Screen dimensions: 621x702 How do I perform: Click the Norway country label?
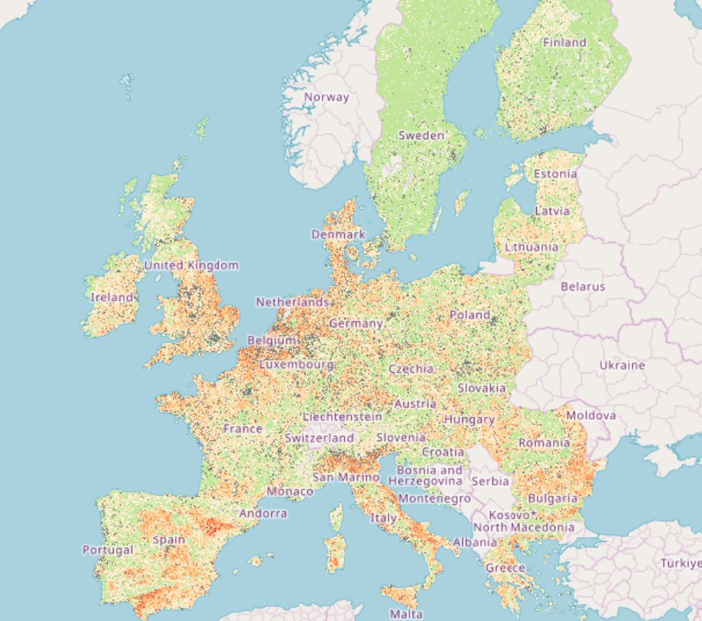(326, 98)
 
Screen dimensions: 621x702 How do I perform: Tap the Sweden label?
(421, 135)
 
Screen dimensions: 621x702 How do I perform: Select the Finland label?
(565, 43)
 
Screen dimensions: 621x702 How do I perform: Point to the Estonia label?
(555, 174)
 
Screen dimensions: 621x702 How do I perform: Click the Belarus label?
(583, 287)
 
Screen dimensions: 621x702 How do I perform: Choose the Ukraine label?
(622, 365)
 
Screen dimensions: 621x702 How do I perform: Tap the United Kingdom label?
(191, 265)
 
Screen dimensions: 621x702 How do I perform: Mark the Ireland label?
(112, 297)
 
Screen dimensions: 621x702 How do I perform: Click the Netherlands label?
(293, 303)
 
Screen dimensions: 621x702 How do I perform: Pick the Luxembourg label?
(296, 364)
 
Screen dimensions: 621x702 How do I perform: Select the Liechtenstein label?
(343, 417)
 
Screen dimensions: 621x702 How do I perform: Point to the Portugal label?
(108, 550)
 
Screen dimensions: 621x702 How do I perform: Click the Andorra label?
(263, 513)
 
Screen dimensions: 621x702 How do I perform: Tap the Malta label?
(406, 614)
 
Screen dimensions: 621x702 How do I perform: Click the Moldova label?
(591, 416)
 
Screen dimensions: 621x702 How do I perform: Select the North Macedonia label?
(524, 527)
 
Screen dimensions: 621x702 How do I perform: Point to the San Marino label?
(346, 477)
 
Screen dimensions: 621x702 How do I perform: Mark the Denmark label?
(338, 234)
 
